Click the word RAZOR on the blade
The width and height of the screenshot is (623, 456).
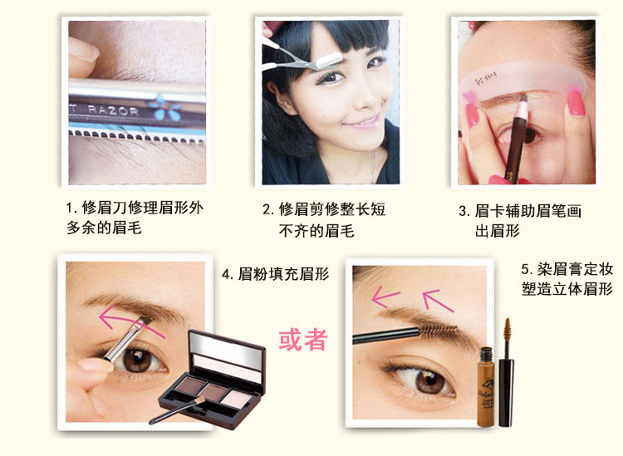[112, 110]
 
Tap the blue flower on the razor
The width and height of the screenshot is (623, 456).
[164, 107]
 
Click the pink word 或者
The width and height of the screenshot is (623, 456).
[303, 340]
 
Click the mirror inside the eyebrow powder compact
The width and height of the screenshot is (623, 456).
[227, 349]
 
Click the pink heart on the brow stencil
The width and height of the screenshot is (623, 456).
[468, 96]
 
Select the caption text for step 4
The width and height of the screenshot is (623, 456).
[275, 274]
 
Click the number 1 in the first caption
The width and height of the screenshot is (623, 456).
[69, 208]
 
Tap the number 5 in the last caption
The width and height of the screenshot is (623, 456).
[525, 269]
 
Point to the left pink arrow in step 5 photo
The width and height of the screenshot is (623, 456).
[385, 297]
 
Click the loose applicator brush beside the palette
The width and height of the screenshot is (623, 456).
[177, 410]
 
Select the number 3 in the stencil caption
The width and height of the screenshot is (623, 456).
[463, 211]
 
